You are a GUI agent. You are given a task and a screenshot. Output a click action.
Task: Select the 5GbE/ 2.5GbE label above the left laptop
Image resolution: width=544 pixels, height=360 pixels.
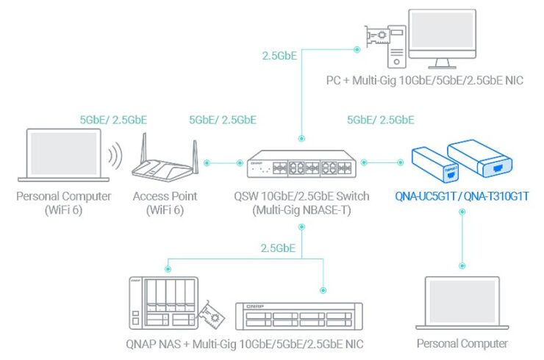click(x=114, y=119)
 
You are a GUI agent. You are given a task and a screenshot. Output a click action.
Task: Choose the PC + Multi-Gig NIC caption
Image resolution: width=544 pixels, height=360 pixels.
click(x=426, y=80)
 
